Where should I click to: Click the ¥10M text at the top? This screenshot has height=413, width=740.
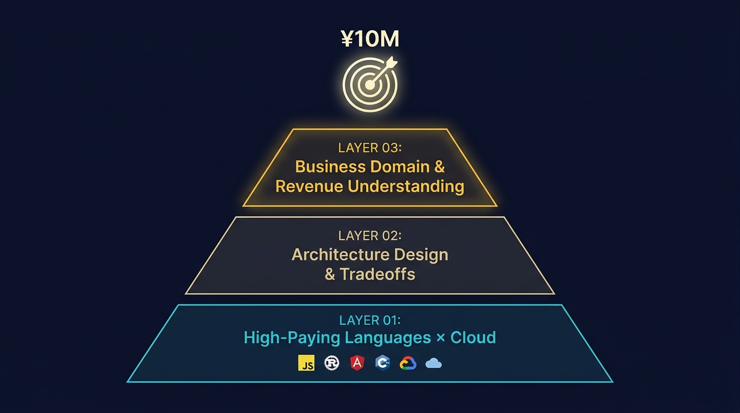pyautogui.click(x=370, y=39)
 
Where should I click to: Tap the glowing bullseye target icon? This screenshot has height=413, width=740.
pyautogui.click(x=370, y=84)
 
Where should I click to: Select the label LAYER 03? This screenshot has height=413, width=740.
pyautogui.click(x=370, y=148)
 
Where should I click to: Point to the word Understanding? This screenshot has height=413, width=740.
pyautogui.click(x=406, y=187)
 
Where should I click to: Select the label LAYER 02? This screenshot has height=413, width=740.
pyautogui.click(x=370, y=236)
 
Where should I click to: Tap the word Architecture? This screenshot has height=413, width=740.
pyautogui.click(x=340, y=254)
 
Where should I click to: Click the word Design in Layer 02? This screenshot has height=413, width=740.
pyautogui.click(x=421, y=255)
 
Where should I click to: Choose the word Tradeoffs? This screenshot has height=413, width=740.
pyautogui.click(x=378, y=274)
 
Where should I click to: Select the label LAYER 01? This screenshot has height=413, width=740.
pyautogui.click(x=370, y=320)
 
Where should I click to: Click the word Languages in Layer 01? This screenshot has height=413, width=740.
pyautogui.click(x=388, y=338)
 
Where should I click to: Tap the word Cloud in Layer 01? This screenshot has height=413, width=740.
pyautogui.click(x=473, y=338)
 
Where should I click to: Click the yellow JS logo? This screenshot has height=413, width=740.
pyautogui.click(x=306, y=363)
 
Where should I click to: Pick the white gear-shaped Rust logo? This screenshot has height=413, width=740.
pyautogui.click(x=332, y=363)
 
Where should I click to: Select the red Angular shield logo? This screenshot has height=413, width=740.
pyautogui.click(x=357, y=363)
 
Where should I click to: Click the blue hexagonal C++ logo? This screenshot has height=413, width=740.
pyautogui.click(x=382, y=363)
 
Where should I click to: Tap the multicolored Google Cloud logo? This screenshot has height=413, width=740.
pyautogui.click(x=408, y=363)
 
